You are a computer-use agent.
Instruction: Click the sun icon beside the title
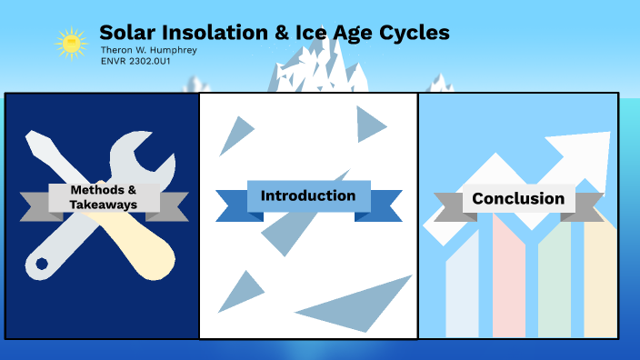click(69, 42)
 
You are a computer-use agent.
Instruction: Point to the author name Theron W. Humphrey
click(148, 50)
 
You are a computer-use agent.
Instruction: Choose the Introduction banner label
click(308, 195)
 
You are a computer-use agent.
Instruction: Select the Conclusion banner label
click(517, 198)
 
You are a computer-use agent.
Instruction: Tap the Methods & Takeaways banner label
click(104, 197)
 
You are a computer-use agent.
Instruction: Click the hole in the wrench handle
click(41, 265)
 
